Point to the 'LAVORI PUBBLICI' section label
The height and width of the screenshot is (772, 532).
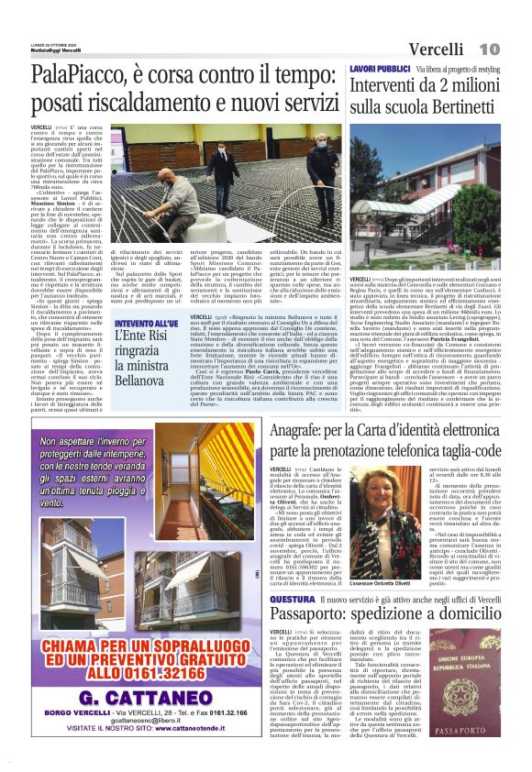(380, 70)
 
